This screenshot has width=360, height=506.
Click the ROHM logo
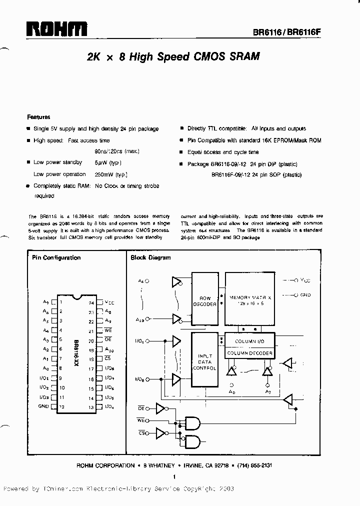57,29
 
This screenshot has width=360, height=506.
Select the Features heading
38,117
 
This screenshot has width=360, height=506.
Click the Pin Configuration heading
56,258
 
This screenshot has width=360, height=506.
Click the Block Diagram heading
150,258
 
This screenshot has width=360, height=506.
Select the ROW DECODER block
205,301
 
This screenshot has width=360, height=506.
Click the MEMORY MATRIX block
250,300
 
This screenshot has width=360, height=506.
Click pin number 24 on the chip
91,303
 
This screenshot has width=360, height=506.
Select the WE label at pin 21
108,331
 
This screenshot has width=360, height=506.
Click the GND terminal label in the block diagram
305,295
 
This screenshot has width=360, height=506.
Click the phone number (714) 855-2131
255,465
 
